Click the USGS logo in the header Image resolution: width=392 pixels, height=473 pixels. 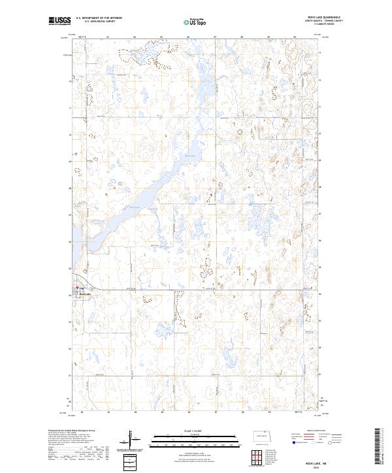tap(59, 22)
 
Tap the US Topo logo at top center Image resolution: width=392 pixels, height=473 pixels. tap(197, 22)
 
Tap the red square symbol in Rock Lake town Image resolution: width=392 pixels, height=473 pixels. tap(77, 288)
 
